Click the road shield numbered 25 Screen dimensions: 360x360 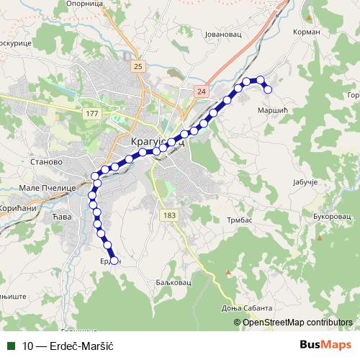(x=138, y=66)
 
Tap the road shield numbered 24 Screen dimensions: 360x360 (x=201, y=91)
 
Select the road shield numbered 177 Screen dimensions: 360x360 (x=91, y=114)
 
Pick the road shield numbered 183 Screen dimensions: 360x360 (x=169, y=215)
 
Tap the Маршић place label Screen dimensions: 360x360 (x=272, y=110)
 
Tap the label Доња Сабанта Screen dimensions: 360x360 (x=261, y=307)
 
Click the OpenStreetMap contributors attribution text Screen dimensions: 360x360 (x=297, y=322)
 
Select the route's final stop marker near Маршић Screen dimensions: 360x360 (x=268, y=89)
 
